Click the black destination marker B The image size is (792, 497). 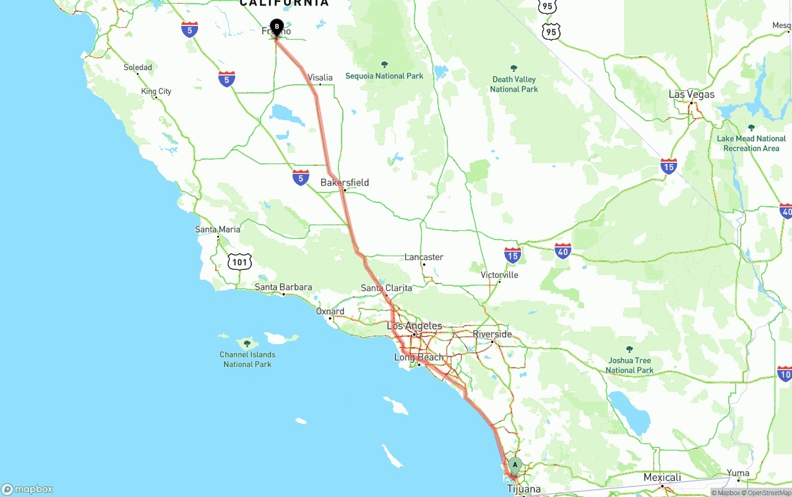[x=277, y=28]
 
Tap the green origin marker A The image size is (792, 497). [x=515, y=465]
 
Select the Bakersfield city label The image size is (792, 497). [x=345, y=183]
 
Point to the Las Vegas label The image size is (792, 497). [x=691, y=95]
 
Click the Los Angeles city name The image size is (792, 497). [x=415, y=326]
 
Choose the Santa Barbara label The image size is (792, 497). [x=283, y=287]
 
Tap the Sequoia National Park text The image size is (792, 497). [x=384, y=76]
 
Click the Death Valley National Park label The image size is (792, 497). [x=514, y=84]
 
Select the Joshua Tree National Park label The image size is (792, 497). [x=629, y=365]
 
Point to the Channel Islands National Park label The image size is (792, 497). [x=247, y=359]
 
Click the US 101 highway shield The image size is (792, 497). [x=239, y=262]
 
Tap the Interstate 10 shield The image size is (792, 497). [x=785, y=373]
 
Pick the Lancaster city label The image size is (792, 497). [x=424, y=257]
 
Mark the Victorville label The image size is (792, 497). [x=499, y=275]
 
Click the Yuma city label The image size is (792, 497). [x=738, y=473]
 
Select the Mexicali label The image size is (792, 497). [x=662, y=477]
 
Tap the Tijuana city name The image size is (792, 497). [x=523, y=489]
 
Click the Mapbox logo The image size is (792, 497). [x=27, y=489]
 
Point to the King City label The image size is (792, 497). [x=156, y=92]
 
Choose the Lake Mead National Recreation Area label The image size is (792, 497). [x=751, y=144]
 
